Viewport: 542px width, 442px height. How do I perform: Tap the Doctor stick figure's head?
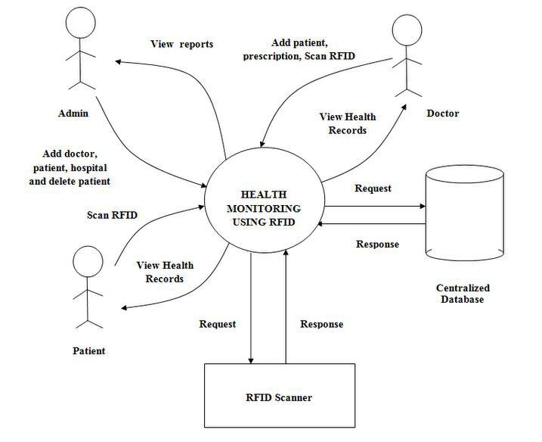pos(407,32)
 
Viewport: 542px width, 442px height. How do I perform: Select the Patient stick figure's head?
pos(88,263)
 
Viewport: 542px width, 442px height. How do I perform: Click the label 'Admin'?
pos(73,114)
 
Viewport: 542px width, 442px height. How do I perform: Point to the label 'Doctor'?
pos(442,114)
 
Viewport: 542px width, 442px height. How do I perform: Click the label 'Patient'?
pos(88,350)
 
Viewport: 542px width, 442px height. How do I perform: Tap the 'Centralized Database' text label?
pos(463,294)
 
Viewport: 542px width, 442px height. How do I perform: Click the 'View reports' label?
pos(182,44)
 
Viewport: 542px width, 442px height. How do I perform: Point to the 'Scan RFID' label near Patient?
pos(112,215)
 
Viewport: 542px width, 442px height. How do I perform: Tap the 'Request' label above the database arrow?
pos(373,188)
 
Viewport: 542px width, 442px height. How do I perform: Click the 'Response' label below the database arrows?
pos(377,244)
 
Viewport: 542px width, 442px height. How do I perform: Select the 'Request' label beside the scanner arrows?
pos(218,324)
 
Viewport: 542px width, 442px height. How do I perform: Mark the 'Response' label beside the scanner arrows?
pos(321,324)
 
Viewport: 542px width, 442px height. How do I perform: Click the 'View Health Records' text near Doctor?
pos(348,123)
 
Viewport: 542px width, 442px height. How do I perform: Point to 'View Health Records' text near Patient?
pos(165,272)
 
